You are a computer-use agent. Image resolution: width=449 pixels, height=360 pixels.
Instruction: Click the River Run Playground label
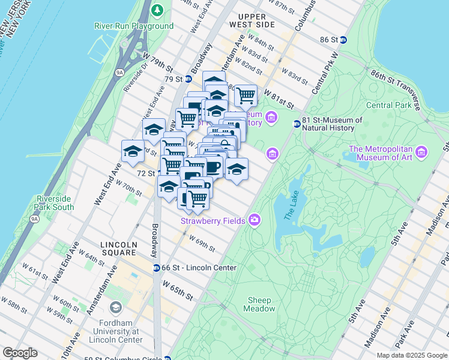coord(134,26)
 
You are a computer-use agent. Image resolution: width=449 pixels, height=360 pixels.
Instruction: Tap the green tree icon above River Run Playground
coord(157,10)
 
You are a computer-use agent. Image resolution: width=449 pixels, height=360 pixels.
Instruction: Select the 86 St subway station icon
coord(343,40)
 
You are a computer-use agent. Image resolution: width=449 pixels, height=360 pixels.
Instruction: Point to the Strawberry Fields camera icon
coord(255,221)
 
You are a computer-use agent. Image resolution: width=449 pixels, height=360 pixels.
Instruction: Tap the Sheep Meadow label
coord(259,304)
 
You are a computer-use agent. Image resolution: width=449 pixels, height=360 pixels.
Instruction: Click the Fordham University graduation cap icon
coord(115,308)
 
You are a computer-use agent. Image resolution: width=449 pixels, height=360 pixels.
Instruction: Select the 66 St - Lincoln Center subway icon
coord(156,268)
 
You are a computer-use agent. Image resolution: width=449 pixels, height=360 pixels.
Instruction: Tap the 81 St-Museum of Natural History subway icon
coord(297,124)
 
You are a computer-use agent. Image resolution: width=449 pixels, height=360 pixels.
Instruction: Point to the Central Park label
coord(388,106)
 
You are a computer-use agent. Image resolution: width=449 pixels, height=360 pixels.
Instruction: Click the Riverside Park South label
coord(55,203)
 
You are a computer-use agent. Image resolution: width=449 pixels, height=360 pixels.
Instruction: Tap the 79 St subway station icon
coord(188,79)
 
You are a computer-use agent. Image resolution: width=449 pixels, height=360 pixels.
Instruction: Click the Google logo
coord(20,353)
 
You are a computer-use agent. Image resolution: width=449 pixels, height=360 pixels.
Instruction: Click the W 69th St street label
coord(202,244)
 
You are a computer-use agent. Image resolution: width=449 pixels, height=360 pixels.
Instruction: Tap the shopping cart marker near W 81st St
coord(246,95)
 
